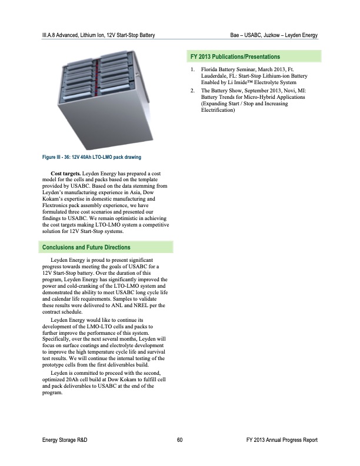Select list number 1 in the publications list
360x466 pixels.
(x=192, y=70)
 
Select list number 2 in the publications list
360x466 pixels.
(x=192, y=91)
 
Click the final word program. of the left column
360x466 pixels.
(x=53, y=392)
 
